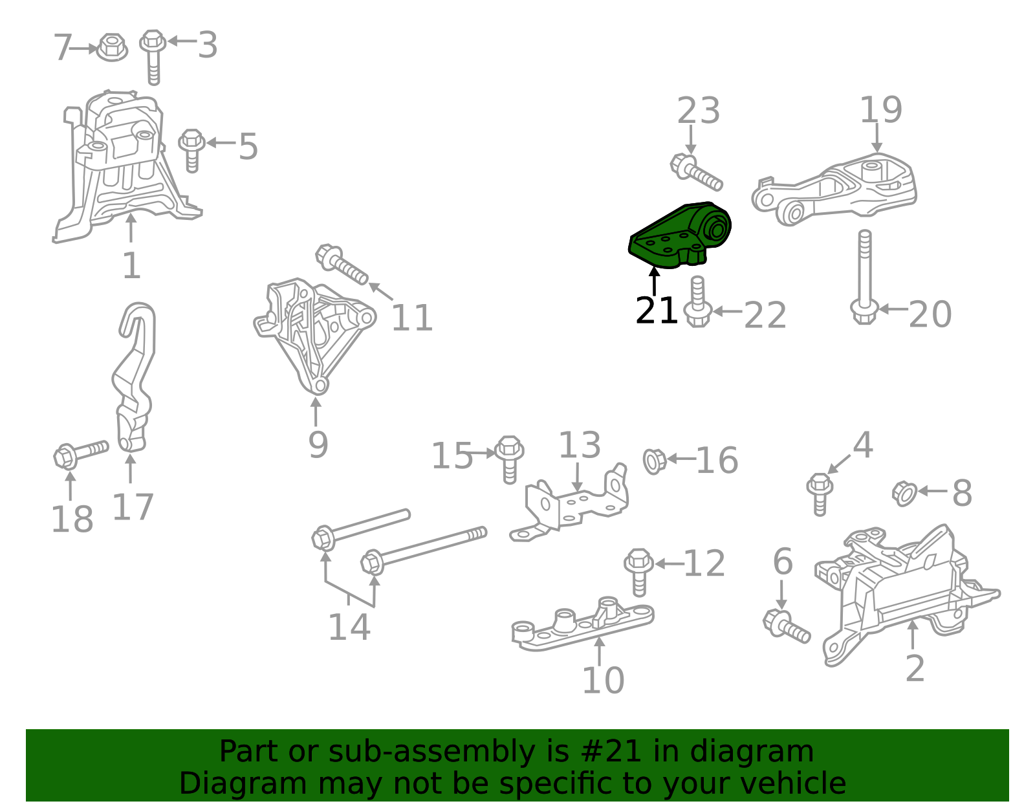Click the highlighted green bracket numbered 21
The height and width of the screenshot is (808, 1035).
click(679, 236)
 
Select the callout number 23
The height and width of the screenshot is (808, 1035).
click(698, 111)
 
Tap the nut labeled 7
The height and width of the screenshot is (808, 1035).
click(111, 47)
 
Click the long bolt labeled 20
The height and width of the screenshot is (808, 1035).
click(864, 278)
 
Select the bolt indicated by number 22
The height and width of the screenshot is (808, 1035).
click(697, 303)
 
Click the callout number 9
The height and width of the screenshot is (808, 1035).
click(318, 445)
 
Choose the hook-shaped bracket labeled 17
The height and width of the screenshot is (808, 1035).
click(135, 375)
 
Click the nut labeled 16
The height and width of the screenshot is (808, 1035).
click(654, 461)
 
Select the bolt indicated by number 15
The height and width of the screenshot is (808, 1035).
click(509, 457)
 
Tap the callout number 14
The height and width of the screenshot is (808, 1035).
click(349, 628)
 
